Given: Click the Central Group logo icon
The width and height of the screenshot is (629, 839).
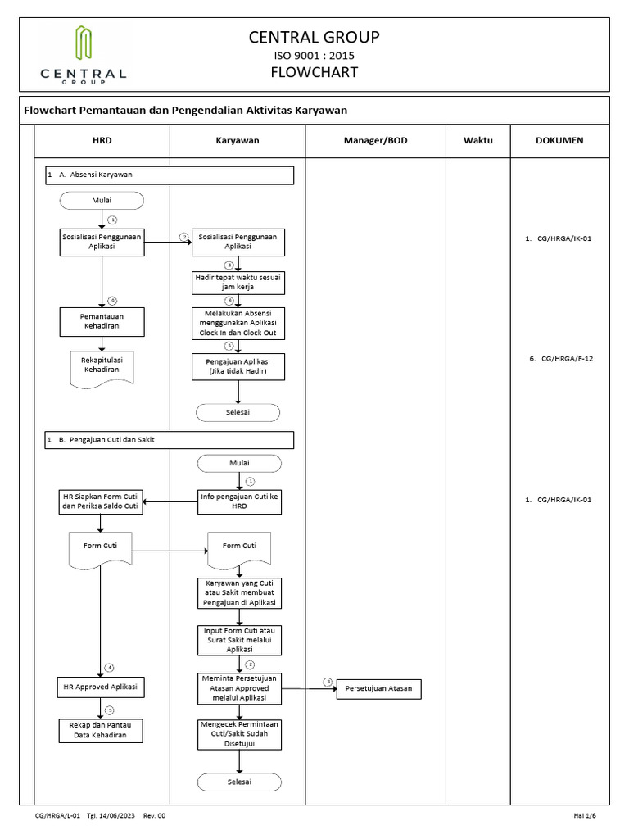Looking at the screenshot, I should tap(83, 44).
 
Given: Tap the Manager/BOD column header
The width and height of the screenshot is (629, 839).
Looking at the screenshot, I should tap(375, 140).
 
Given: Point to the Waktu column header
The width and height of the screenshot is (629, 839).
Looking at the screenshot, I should tap(477, 140).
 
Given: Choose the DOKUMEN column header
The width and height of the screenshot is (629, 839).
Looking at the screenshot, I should tap(559, 140).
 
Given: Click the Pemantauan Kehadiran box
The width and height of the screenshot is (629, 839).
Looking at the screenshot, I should tap(102, 321).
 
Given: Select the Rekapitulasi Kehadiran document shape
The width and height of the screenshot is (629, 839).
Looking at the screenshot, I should tap(102, 365).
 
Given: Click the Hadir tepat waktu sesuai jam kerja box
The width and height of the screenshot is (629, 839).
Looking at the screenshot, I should tap(238, 283).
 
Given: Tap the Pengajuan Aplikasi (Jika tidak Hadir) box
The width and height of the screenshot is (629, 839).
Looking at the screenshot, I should tap(238, 367).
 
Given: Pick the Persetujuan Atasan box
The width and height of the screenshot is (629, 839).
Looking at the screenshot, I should tap(378, 690).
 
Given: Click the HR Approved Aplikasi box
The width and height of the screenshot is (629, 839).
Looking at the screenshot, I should tap(102, 687).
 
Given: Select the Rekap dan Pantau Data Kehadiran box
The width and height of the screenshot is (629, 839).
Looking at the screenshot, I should tap(102, 730).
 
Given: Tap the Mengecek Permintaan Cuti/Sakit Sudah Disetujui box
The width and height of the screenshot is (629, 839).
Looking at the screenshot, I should tap(238, 732).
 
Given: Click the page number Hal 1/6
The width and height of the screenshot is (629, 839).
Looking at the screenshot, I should tap(585, 816).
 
